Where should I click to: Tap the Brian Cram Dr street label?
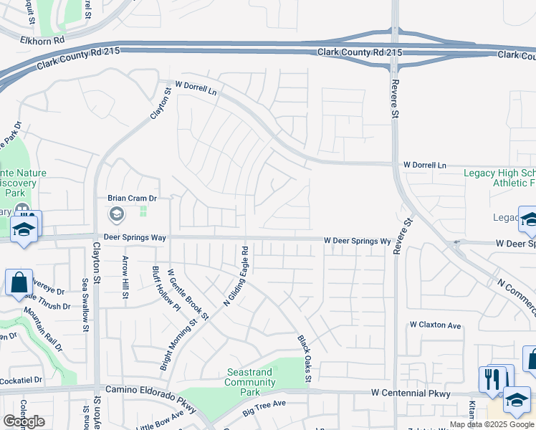pyautogui.click(x=132, y=198)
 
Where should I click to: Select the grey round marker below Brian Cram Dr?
pyautogui.click(x=116, y=214)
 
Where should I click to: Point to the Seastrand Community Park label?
pyautogui.click(x=250, y=377)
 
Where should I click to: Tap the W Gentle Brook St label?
pyautogui.click(x=188, y=294)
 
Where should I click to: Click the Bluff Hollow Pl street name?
pyautogui.click(x=166, y=290)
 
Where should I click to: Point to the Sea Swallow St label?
pyautogui.click(x=84, y=305)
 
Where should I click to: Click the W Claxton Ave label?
pyautogui.click(x=435, y=325)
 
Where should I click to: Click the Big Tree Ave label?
pyautogui.click(x=264, y=408)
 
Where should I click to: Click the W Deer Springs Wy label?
pyautogui.click(x=357, y=241)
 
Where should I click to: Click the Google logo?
pyautogui.click(x=23, y=421)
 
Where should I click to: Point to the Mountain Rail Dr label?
pyautogui.click(x=44, y=330)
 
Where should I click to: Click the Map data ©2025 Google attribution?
pyautogui.click(x=492, y=424)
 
